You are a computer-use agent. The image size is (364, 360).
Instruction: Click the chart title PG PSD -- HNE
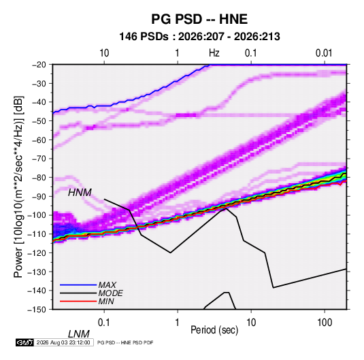pyautogui.click(x=199, y=19)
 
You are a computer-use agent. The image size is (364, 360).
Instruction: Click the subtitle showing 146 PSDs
pyautogui.click(x=199, y=37)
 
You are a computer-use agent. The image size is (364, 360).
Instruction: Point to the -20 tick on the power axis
pyautogui.click(x=39, y=65)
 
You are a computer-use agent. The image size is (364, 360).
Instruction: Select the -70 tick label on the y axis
pyautogui.click(x=39, y=159)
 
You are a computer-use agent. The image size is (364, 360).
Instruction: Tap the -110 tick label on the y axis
pyautogui.click(x=37, y=234)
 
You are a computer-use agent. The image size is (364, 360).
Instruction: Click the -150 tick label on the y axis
pyautogui.click(x=37, y=310)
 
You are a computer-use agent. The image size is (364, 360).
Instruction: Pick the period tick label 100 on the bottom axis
pyautogui.click(x=325, y=323)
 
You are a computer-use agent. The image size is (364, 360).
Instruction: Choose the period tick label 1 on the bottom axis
pyautogui.click(x=178, y=323)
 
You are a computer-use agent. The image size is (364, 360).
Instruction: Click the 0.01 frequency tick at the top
pyautogui.click(x=324, y=53)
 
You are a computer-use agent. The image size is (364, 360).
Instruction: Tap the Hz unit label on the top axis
pyautogui.click(x=214, y=53)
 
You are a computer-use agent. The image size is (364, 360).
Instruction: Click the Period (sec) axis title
pyautogui.click(x=214, y=330)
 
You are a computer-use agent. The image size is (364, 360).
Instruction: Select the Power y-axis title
pyautogui.click(x=18, y=186)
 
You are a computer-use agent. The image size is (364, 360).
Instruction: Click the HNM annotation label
pyautogui.click(x=80, y=193)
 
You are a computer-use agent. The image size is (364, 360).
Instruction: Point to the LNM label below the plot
pyautogui.click(x=79, y=334)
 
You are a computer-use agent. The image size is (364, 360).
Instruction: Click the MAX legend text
pyautogui.click(x=107, y=285)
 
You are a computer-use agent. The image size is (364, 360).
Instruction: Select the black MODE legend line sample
pyautogui.click(x=78, y=293)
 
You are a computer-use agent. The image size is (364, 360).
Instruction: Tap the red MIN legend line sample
pyautogui.click(x=78, y=301)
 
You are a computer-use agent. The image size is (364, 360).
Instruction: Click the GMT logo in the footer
pyautogui.click(x=25, y=342)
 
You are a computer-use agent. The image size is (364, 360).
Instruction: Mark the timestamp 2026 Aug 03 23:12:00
pyautogui.click(x=63, y=342)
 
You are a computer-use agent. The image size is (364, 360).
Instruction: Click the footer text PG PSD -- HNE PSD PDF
pyautogui.click(x=125, y=342)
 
